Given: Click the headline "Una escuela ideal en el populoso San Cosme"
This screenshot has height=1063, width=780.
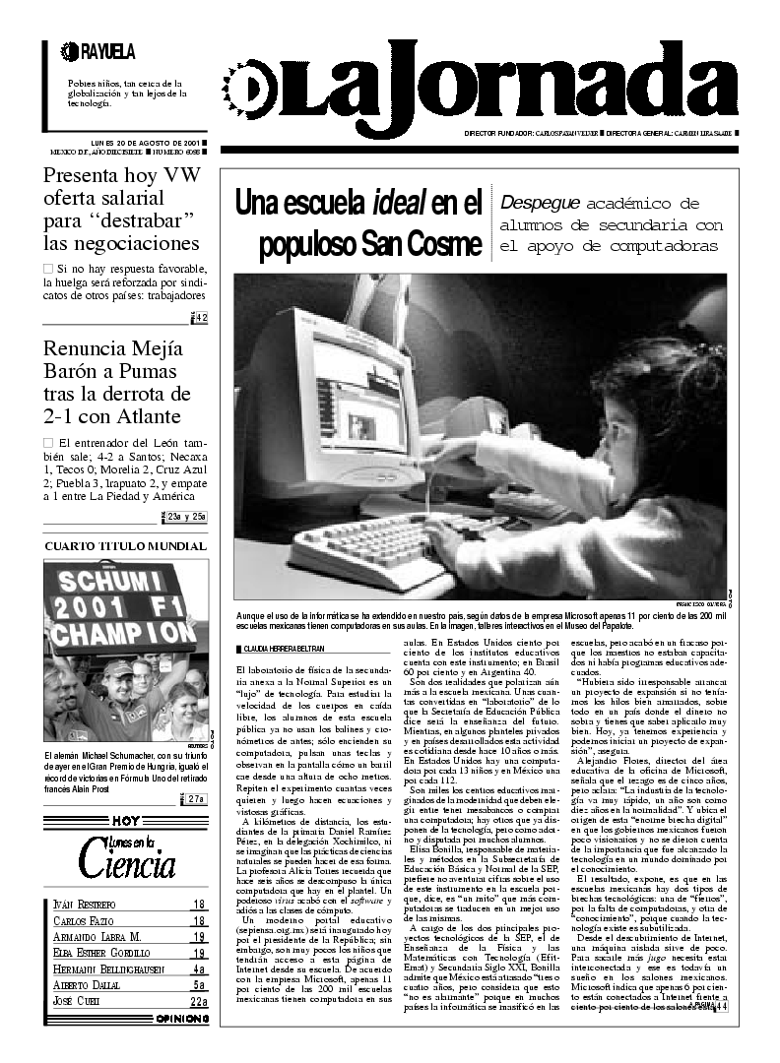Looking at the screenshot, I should point(358,223).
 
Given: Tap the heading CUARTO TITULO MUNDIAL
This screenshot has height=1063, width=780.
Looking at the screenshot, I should point(126,546).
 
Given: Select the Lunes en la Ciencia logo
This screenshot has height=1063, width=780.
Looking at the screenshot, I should point(127,855).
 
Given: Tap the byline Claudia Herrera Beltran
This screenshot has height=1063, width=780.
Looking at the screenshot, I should point(284,649).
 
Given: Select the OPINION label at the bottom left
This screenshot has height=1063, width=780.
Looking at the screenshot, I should point(182,1020).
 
